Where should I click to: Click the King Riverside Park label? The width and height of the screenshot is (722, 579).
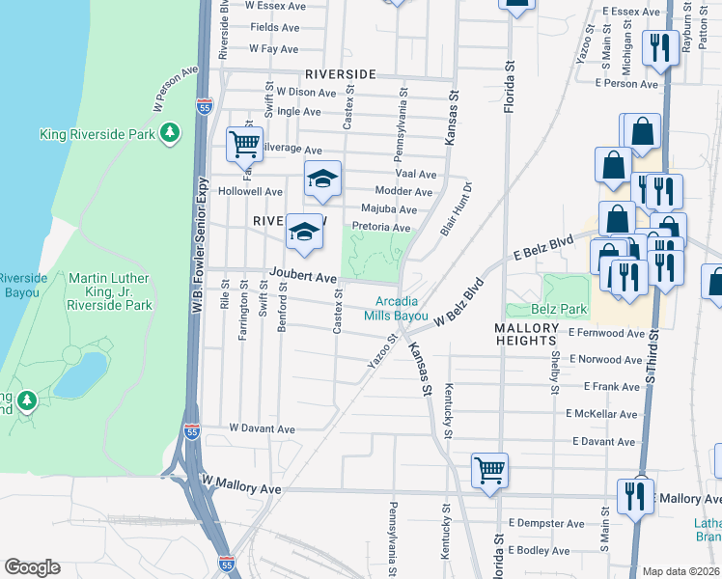coord(97,134)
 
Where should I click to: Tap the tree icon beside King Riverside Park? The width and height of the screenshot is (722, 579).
coord(170,132)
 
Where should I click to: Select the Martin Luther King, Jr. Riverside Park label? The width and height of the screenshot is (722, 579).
coord(109,291)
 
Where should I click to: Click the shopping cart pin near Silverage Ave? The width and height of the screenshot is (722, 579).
coord(244,145)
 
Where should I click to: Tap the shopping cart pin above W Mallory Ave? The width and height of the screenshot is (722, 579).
coord(489,471)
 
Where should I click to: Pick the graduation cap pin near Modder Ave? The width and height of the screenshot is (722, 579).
coord(323,179)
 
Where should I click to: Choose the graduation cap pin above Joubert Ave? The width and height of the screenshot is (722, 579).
coord(304,233)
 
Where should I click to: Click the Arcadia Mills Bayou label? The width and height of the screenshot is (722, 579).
coord(396,308)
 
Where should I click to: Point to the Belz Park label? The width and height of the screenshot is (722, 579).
coord(560,310)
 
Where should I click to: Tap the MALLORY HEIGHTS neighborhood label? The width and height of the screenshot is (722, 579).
coord(527,335)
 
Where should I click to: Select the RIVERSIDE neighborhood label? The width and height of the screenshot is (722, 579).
coord(340,74)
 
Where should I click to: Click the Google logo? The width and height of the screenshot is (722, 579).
coord(32,567)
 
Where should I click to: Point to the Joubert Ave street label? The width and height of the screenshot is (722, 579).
coord(302,275)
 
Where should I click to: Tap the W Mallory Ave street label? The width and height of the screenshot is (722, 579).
coord(241,490)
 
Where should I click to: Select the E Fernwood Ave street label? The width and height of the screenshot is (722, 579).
coord(606,333)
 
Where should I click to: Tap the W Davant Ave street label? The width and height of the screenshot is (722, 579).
coord(262,428)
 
